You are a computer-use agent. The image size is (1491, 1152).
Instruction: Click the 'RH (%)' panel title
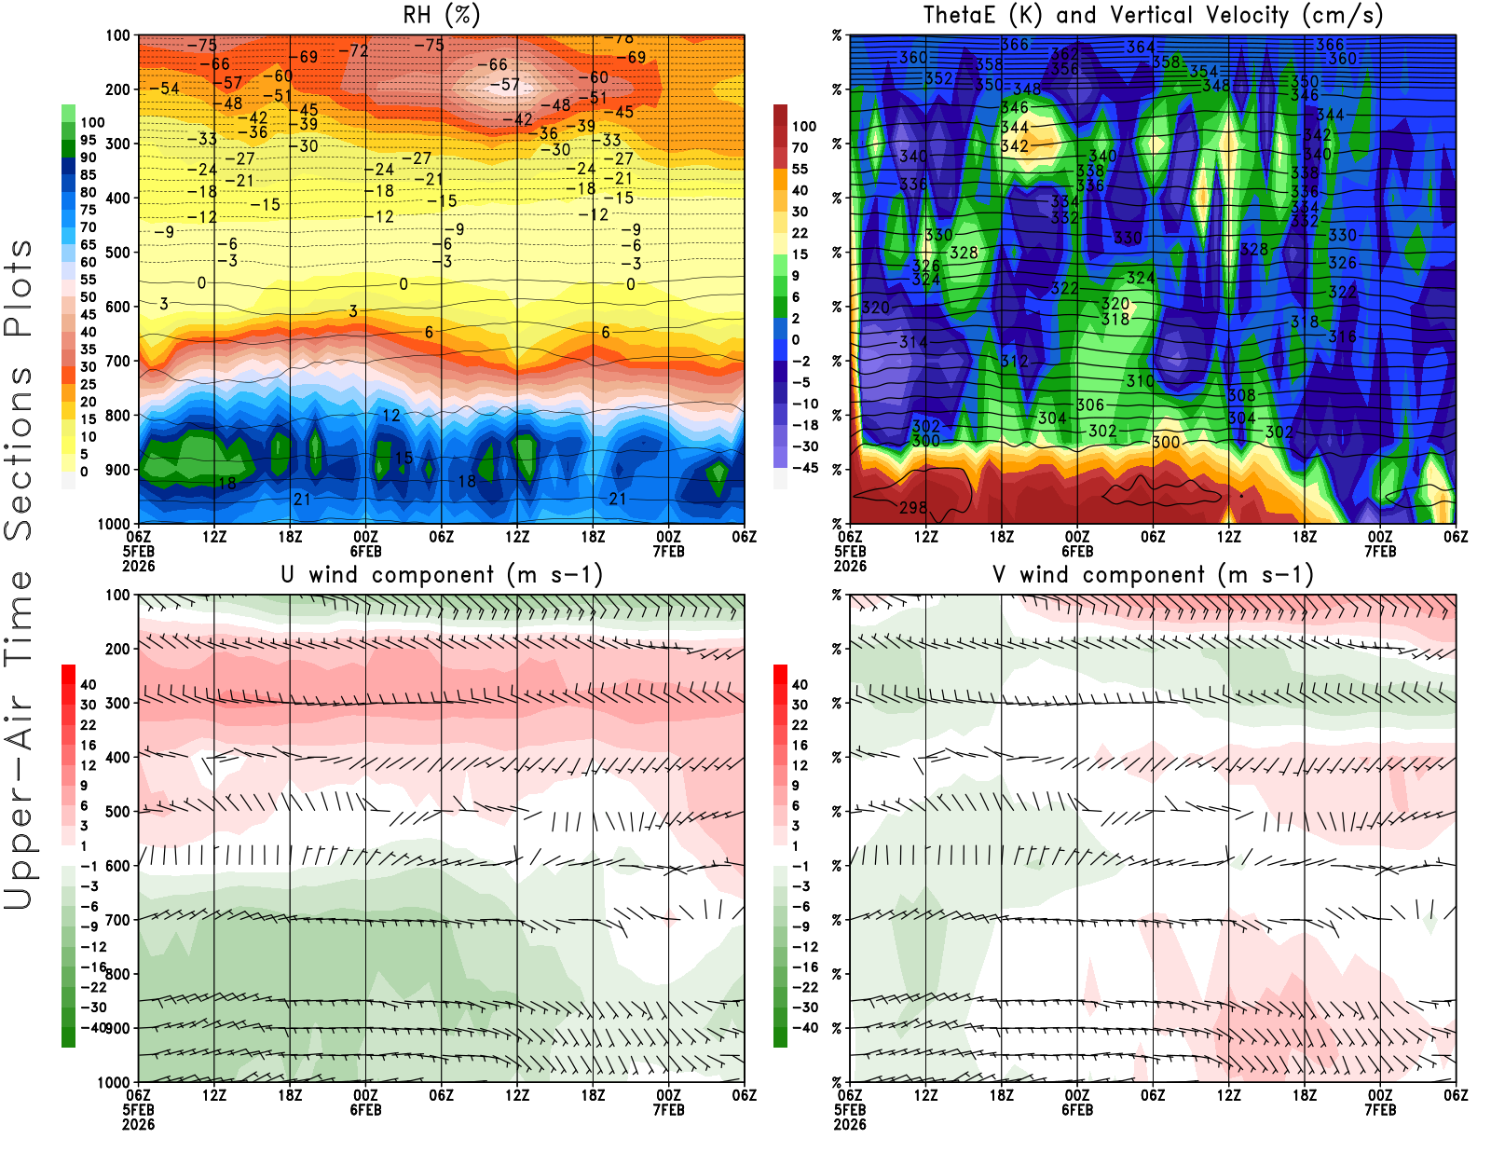point(442,15)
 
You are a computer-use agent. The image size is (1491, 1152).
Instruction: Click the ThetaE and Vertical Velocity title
point(1153,15)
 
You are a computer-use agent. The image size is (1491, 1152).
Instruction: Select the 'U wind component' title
point(442,574)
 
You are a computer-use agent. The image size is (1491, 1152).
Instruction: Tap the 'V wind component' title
point(1153,574)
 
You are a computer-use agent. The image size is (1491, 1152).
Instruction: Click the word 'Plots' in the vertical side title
point(19,289)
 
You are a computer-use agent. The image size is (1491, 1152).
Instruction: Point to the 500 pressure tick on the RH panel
point(117,253)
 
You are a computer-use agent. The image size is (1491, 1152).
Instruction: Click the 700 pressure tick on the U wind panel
point(117,920)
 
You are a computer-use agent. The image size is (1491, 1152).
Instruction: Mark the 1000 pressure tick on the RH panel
point(114,524)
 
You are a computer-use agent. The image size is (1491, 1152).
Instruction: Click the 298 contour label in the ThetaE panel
point(913,508)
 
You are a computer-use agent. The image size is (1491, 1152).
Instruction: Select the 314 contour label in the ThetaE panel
point(913,342)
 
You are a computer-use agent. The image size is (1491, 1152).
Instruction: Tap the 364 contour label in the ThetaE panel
point(1141,47)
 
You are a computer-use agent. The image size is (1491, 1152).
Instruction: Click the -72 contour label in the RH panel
point(353,50)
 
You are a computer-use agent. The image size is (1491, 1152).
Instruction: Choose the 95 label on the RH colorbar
point(89,140)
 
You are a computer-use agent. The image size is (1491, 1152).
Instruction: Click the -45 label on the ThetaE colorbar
point(805,468)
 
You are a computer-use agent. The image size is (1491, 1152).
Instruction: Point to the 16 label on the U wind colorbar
point(89,745)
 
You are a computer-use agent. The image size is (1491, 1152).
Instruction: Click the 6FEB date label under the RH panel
point(365,551)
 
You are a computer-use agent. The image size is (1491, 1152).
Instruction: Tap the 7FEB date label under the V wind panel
point(1380,1110)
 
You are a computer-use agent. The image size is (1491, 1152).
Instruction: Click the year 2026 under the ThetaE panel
point(850,566)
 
